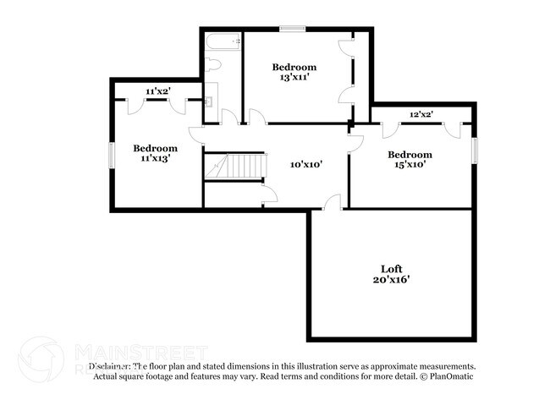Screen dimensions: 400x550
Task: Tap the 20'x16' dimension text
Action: (390, 279)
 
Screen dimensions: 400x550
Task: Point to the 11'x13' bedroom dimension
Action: (155, 158)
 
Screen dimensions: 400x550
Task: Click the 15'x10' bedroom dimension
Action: (410, 165)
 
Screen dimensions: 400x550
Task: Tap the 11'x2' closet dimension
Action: (158, 90)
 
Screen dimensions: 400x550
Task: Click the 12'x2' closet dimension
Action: (421, 113)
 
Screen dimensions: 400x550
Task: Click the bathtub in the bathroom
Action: (223, 41)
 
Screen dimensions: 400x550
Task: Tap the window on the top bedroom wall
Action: (293, 30)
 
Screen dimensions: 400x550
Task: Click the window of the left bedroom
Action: (111, 158)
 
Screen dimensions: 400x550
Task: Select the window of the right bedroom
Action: (475, 151)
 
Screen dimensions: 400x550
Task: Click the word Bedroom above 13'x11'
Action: (294, 67)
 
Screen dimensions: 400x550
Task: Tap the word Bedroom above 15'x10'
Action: (410, 155)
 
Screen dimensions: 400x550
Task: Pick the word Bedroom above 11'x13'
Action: (155, 148)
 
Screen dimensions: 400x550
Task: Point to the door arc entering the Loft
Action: (333, 202)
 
